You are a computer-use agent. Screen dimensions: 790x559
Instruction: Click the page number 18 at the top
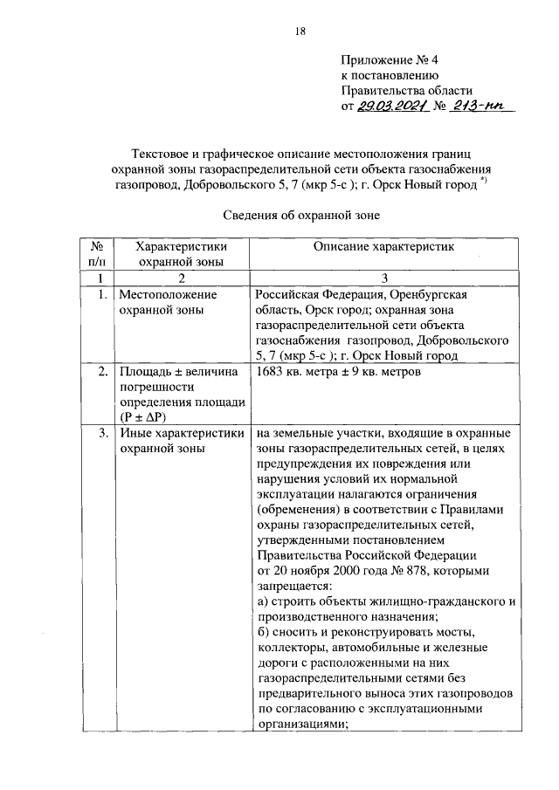pyautogui.click(x=300, y=32)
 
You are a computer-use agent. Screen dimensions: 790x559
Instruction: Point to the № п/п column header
pyautogui.click(x=97, y=255)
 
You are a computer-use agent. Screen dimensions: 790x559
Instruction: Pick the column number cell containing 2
pyautogui.click(x=182, y=278)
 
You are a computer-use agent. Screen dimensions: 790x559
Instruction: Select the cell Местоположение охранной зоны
pyautogui.click(x=168, y=302)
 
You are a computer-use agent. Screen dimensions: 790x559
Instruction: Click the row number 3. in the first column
pyautogui.click(x=103, y=433)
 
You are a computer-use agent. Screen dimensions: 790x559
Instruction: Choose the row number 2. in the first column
pyautogui.click(x=103, y=373)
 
